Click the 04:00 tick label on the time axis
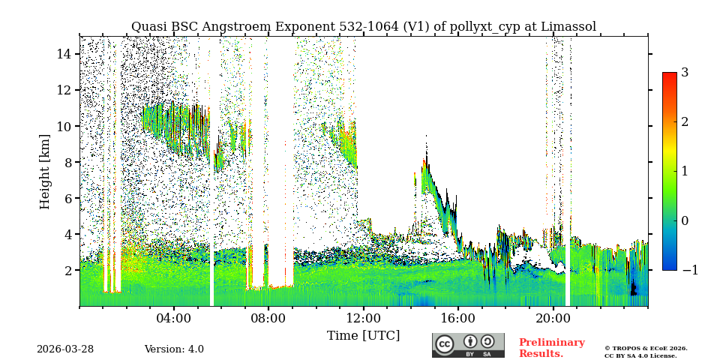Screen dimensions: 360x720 tap(174, 318)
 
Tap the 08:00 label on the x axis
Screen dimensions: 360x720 tap(268, 318)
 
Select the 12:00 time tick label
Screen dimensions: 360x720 tap(363, 318)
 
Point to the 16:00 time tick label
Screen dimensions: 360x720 tap(458, 318)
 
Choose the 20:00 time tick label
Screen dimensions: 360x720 tap(553, 318)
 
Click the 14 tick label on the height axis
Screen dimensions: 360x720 tap(64, 54)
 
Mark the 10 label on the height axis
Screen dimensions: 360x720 tap(64, 126)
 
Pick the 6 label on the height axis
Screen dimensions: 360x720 tap(67, 198)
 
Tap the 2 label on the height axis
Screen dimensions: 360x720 tap(67, 270)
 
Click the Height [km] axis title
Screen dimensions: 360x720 tap(45, 171)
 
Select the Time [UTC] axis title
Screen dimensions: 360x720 tap(363, 335)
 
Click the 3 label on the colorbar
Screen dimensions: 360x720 tap(685, 73)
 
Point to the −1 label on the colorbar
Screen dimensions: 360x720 tap(689, 270)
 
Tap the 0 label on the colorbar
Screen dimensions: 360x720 tap(685, 220)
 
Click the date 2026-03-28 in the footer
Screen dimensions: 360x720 tap(65, 349)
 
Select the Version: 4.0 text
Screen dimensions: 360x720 tap(174, 349)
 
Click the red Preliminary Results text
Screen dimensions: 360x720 tap(551, 348)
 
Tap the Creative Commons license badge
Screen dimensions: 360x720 tap(468, 345)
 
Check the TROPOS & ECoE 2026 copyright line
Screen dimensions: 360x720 tap(646, 348)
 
